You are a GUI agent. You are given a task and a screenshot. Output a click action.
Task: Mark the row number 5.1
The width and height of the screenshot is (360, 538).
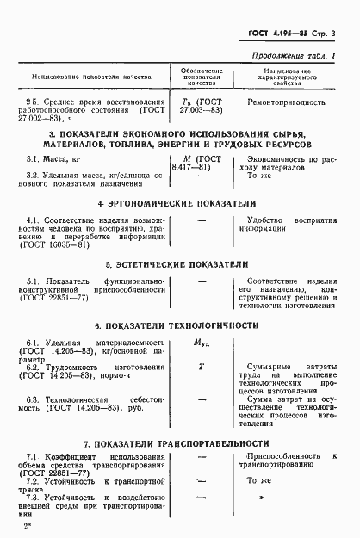coord(33,282)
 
